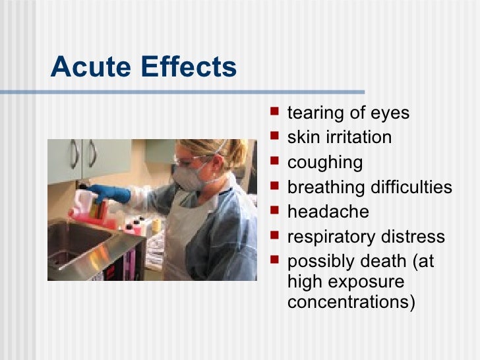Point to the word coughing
[325, 163]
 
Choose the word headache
[328, 212]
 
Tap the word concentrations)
[351, 304]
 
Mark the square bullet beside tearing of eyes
[276, 113]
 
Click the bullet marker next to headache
[276, 212]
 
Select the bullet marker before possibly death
[276, 261]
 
